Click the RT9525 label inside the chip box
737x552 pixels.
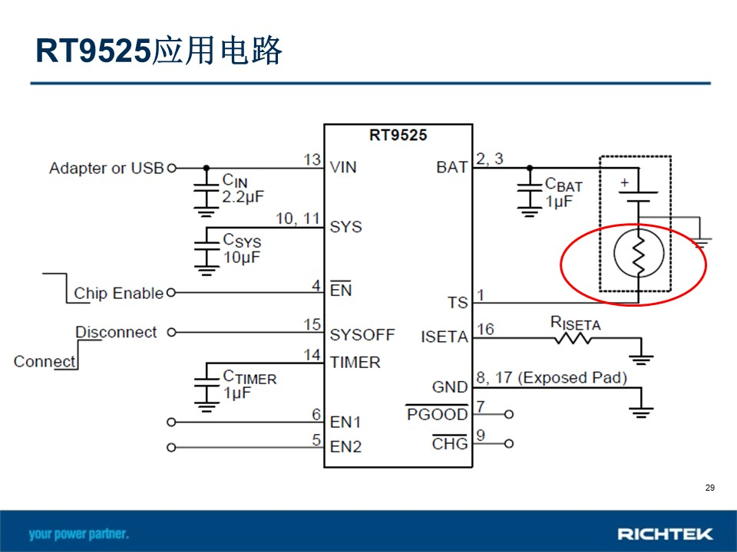(x=398, y=135)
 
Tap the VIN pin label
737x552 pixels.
(x=343, y=167)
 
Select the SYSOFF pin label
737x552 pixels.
(x=362, y=335)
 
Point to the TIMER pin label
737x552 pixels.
(x=355, y=363)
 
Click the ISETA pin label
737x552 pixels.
(x=445, y=337)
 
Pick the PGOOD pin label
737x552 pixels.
(x=437, y=414)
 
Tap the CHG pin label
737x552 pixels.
(x=450, y=444)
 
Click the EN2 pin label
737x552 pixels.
(x=346, y=447)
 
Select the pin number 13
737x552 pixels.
(x=312, y=159)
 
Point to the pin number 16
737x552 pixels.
(x=485, y=329)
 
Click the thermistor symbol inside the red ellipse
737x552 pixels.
(x=639, y=254)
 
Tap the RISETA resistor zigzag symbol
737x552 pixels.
(x=573, y=338)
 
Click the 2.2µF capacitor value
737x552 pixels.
(x=243, y=197)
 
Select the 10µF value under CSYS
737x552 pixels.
(x=242, y=258)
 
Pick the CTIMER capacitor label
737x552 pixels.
(x=250, y=377)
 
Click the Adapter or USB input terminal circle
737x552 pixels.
(x=171, y=168)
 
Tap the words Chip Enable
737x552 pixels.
(x=118, y=294)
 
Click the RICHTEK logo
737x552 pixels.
(x=665, y=534)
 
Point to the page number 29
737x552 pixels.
(x=709, y=488)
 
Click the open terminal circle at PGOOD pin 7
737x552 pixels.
(x=508, y=415)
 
